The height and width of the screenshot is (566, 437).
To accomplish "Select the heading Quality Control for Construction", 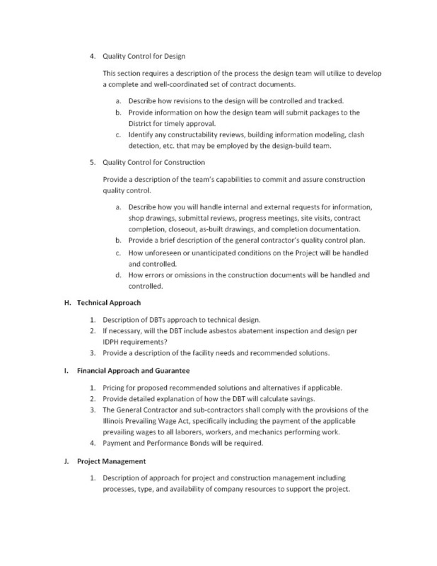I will pos(155,162).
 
